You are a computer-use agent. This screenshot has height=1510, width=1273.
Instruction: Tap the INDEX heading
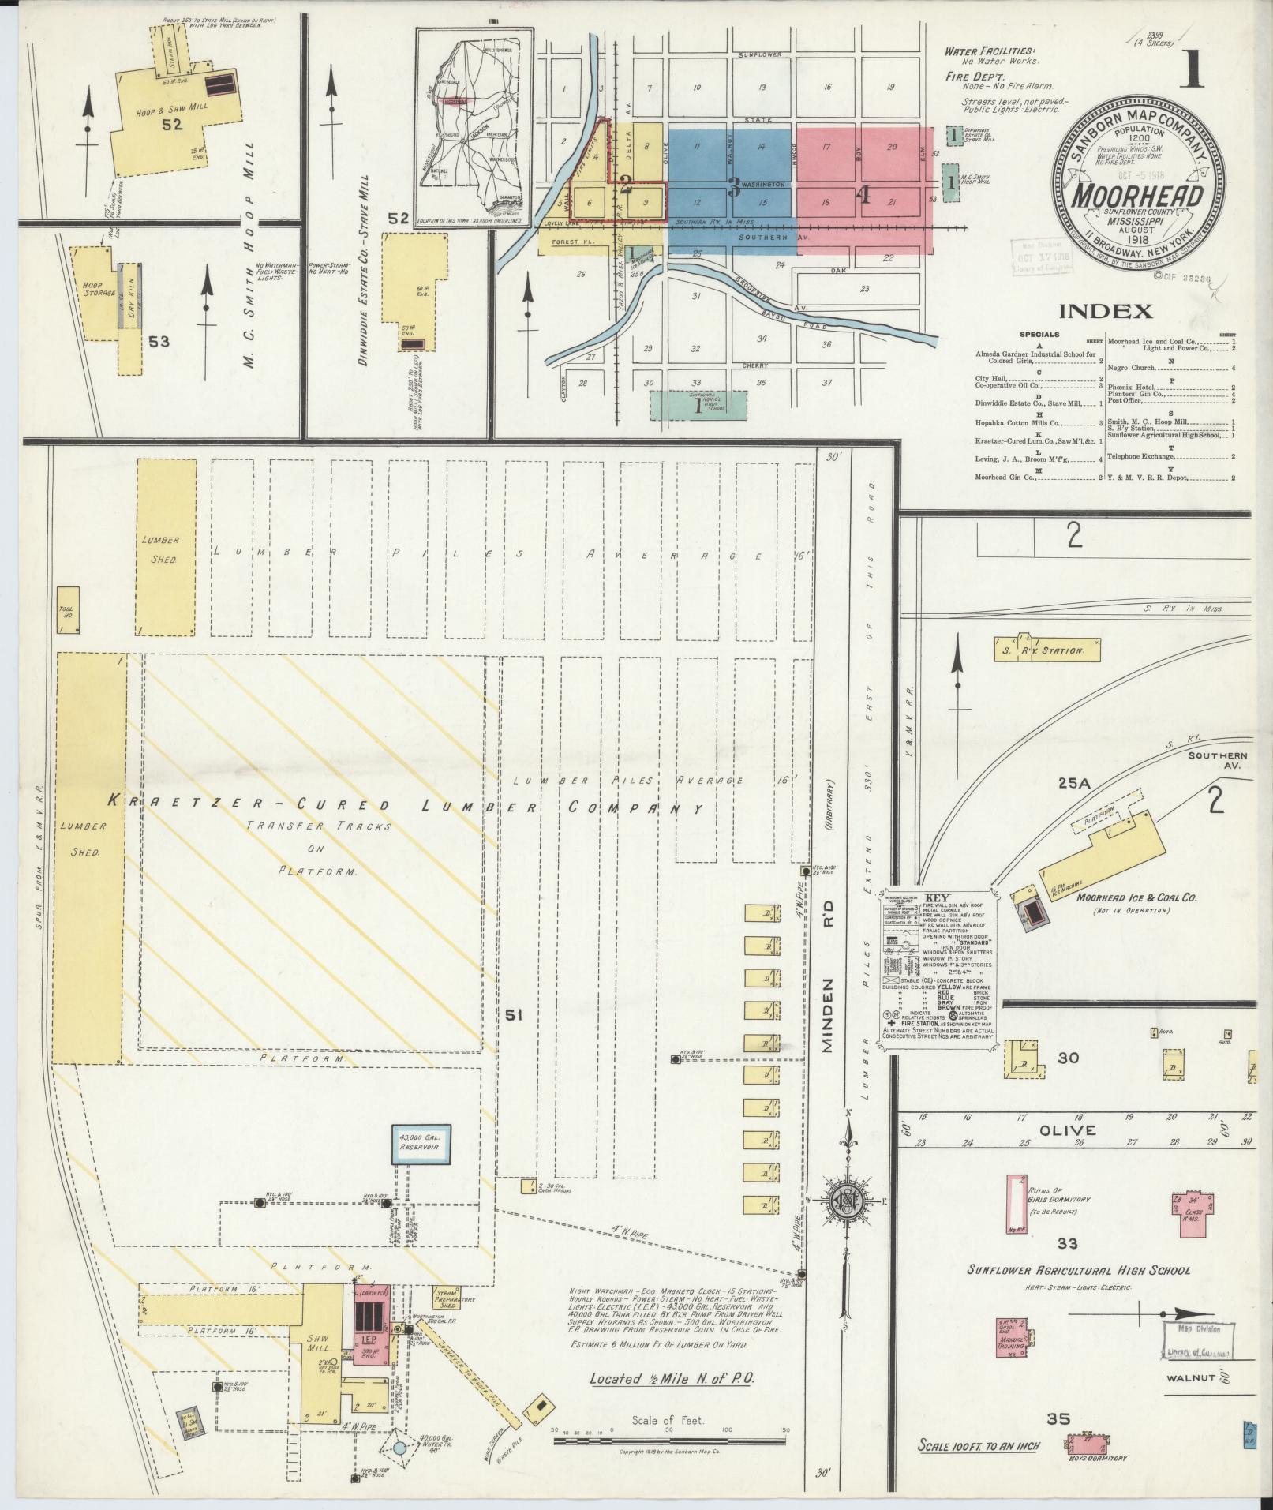click(1105, 310)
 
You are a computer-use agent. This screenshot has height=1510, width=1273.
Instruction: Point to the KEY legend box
click(938, 969)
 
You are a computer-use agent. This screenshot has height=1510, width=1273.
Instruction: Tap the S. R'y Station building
click(1048, 650)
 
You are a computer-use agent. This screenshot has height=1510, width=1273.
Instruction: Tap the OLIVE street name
click(1058, 1130)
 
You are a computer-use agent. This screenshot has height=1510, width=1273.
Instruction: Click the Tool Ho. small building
click(69, 609)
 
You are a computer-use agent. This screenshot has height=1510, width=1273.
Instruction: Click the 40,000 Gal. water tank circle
click(399, 1449)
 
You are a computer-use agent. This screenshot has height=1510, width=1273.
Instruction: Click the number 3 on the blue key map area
click(734, 186)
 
